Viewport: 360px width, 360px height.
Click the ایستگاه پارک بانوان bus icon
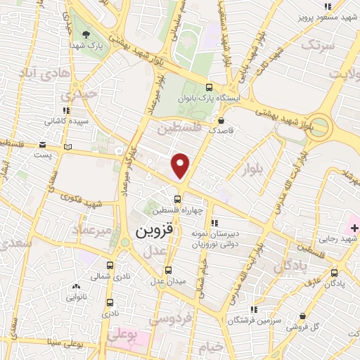(x=209, y=88)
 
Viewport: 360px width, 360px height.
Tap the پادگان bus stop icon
(x=334, y=273)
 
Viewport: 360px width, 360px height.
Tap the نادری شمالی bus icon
(x=110, y=266)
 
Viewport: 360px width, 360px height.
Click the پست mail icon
(x=68, y=147)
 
